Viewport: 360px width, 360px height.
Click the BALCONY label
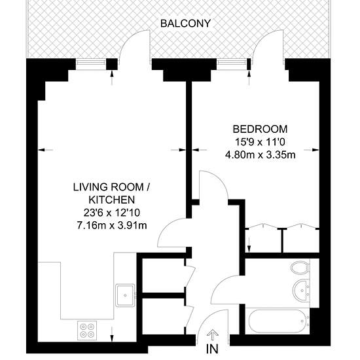pyautogui.click(x=185, y=24)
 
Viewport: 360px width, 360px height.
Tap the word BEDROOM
pyautogui.click(x=260, y=129)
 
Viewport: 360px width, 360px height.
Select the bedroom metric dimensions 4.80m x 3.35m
pyautogui.click(x=260, y=155)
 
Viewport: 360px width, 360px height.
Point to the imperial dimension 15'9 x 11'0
pyautogui.click(x=260, y=142)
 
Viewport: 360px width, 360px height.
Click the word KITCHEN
pyautogui.click(x=112, y=200)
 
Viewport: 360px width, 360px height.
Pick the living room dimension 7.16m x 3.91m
pyautogui.click(x=112, y=226)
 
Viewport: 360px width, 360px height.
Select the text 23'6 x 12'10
pyautogui.click(x=112, y=213)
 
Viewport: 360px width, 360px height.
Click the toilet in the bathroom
pyautogui.click(x=300, y=268)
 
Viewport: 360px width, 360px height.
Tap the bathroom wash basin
pyautogui.click(x=302, y=290)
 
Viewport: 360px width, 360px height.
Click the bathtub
pyautogui.click(x=278, y=321)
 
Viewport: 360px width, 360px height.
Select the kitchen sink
pyautogui.click(x=125, y=295)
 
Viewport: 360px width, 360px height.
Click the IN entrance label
pyautogui.click(x=212, y=349)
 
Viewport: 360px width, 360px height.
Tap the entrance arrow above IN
pyautogui.click(x=212, y=335)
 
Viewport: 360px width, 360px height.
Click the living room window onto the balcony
pyautogui.click(x=91, y=64)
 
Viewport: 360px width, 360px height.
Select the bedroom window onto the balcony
pyautogui.click(x=232, y=64)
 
